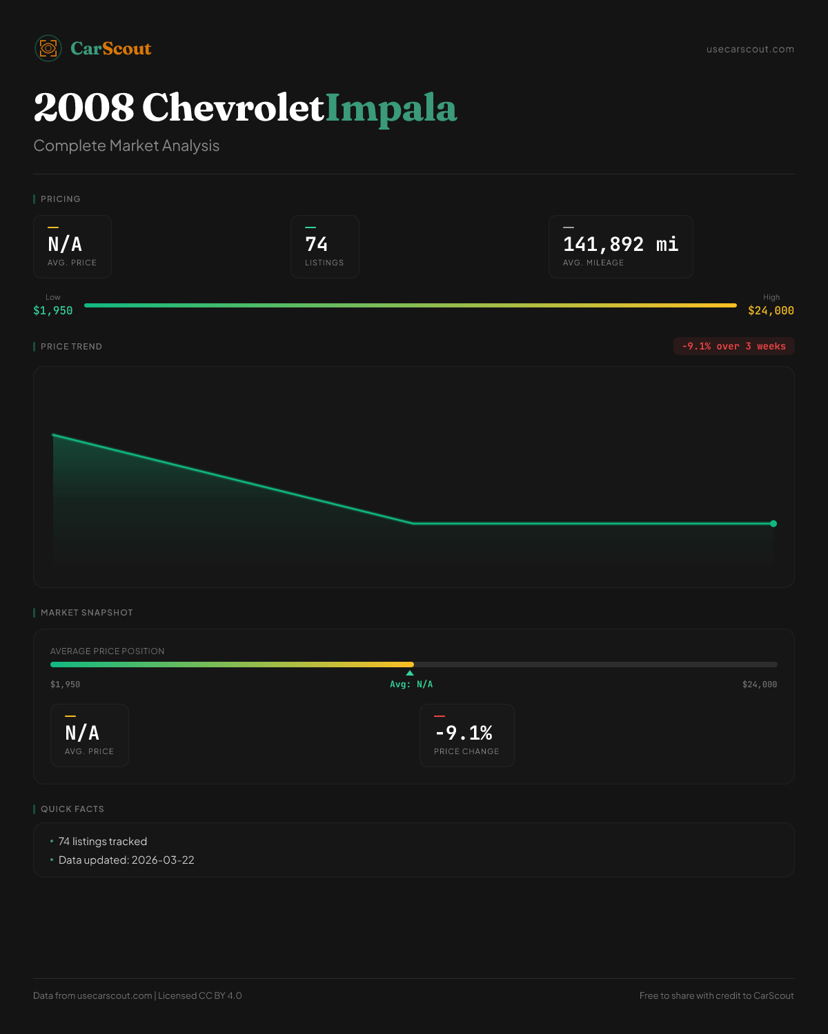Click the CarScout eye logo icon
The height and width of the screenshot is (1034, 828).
(48, 48)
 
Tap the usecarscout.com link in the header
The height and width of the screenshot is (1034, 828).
(750, 49)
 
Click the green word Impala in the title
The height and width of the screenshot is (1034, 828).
(391, 108)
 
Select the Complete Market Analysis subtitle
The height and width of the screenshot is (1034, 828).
(126, 145)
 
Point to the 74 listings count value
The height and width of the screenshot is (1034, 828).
(317, 244)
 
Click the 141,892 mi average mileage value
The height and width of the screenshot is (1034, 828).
(620, 244)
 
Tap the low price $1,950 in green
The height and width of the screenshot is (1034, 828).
(53, 311)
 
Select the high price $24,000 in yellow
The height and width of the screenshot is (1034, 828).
(771, 311)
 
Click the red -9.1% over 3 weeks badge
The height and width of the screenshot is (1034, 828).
(733, 346)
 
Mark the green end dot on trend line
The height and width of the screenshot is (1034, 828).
(773, 524)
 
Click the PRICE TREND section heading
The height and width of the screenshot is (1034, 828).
(71, 347)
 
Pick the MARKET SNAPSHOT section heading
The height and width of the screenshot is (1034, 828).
(86, 613)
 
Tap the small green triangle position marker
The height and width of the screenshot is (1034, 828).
(410, 673)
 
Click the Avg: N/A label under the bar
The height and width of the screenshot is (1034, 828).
(411, 685)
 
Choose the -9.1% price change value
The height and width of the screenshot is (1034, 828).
(464, 733)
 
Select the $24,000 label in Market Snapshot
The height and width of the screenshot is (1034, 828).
(759, 685)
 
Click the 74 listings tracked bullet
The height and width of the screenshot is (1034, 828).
(103, 842)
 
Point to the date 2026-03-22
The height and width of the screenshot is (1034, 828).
(163, 860)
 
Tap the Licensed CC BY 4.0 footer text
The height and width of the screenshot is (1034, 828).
(200, 995)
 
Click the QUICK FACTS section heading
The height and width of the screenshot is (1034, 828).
(72, 809)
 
